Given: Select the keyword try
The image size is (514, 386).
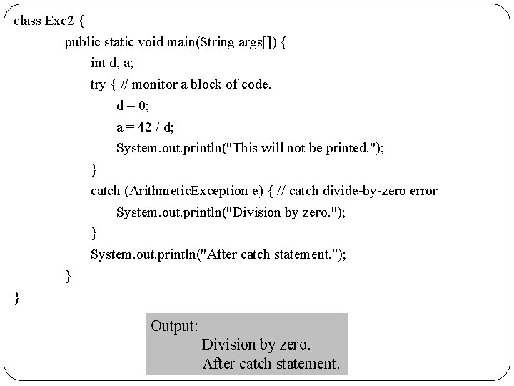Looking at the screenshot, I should click(x=98, y=85).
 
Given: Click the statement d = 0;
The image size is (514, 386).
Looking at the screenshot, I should click(x=133, y=107).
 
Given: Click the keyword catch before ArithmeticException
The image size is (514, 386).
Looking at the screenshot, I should click(x=105, y=191).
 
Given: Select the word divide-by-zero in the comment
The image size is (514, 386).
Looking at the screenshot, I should click(x=375, y=191).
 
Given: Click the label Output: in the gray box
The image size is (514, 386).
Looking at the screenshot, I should click(x=175, y=326).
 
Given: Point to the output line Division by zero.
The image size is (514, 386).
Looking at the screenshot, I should click(x=256, y=345).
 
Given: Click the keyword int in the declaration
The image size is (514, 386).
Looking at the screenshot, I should click(x=97, y=64).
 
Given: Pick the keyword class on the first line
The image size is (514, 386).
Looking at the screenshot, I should click(x=27, y=21).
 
